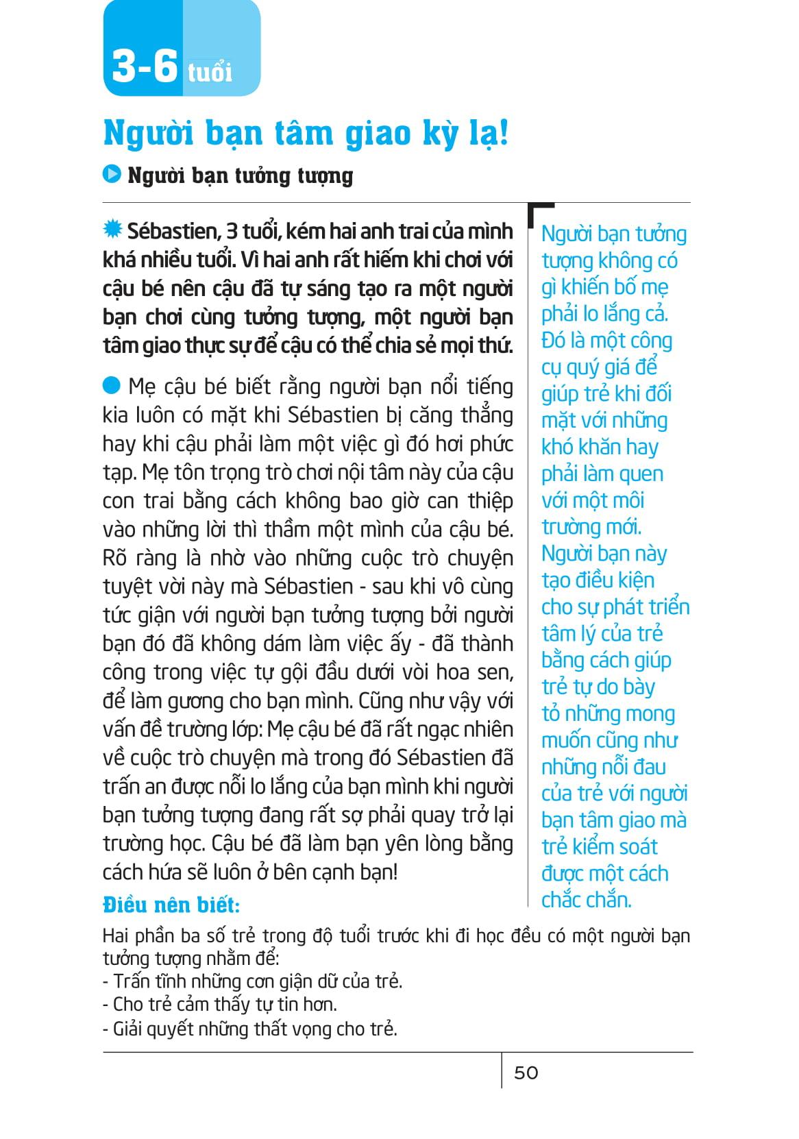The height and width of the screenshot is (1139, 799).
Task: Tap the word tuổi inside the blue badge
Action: point(210,72)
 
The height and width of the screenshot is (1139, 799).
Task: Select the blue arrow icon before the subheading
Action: point(112,175)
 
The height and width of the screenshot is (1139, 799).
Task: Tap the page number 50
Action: point(526,1073)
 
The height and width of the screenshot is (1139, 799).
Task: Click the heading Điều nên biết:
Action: point(171,905)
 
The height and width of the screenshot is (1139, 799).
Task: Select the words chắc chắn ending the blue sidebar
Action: point(586,900)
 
